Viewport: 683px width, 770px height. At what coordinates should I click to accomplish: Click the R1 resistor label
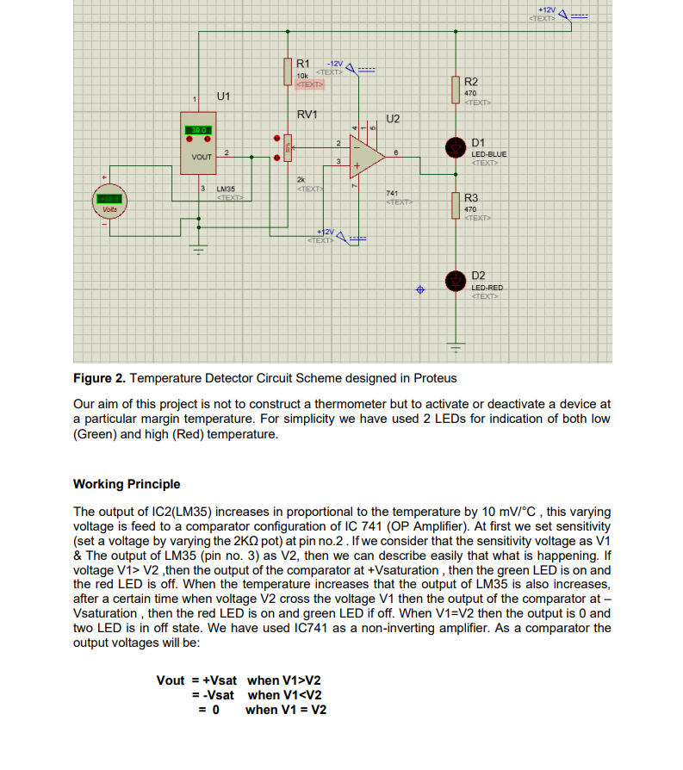click(303, 64)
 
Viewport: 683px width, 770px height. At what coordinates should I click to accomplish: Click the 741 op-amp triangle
click(369, 155)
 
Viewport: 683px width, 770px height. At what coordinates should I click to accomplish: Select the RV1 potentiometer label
click(307, 115)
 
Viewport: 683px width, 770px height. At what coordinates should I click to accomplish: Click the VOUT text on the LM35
click(202, 158)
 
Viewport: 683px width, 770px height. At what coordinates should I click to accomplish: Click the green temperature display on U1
click(196, 130)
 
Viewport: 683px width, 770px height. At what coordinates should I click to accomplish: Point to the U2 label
click(393, 118)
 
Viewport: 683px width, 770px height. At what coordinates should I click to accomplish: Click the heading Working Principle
click(127, 484)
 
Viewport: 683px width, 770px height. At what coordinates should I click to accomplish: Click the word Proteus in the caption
click(434, 378)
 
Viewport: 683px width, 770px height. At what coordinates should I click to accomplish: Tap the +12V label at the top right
click(545, 9)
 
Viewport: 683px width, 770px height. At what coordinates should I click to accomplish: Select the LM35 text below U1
click(227, 188)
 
